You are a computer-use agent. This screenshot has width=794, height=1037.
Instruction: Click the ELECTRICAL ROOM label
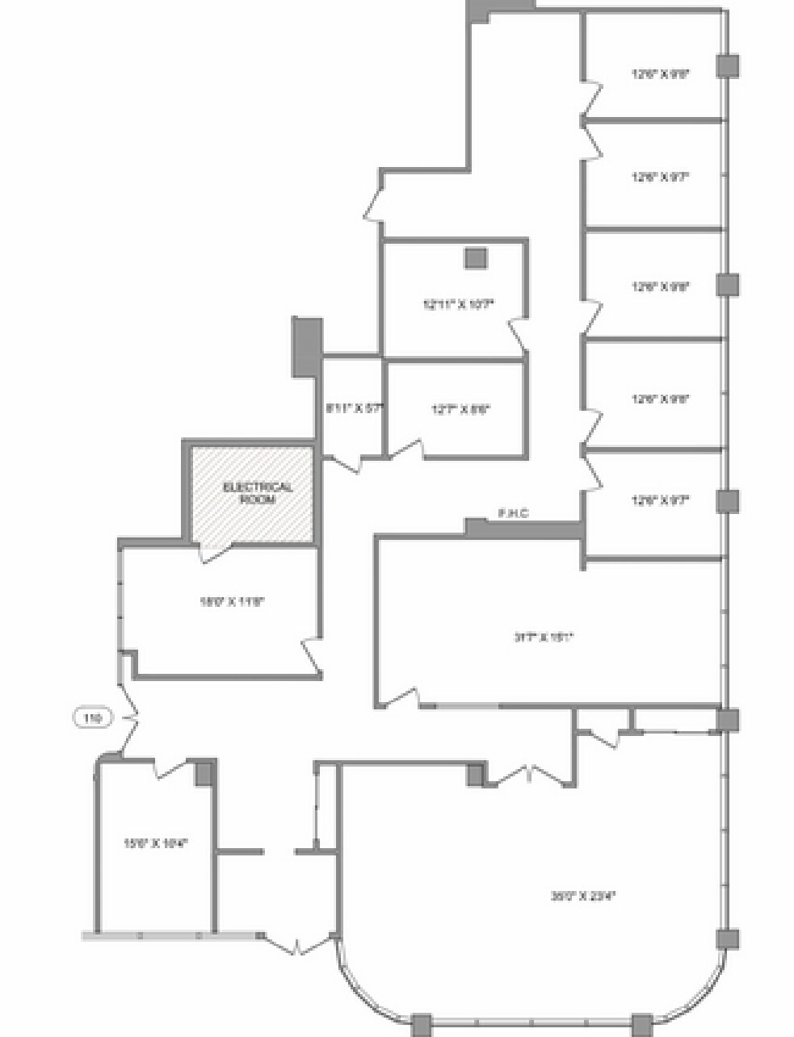coord(257,493)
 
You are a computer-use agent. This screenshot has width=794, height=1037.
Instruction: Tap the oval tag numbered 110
coord(93,717)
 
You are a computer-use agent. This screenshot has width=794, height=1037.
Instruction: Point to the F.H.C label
coord(513,513)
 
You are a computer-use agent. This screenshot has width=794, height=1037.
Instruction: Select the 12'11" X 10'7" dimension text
coord(457,304)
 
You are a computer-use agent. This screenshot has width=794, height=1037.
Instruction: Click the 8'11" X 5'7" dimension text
coord(352,408)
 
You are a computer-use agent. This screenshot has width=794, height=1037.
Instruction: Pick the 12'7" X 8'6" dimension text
coord(460,409)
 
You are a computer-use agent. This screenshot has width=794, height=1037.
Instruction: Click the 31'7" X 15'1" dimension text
coord(544,637)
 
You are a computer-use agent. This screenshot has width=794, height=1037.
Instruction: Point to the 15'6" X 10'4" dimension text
coord(155,843)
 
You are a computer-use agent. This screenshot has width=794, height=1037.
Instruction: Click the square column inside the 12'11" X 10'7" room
coord(475,257)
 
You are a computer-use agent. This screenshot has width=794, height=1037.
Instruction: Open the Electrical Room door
coord(214,553)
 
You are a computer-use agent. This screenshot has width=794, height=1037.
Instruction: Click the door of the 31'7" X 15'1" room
coord(401,698)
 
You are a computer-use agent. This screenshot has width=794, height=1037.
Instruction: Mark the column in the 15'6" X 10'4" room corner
coord(205,772)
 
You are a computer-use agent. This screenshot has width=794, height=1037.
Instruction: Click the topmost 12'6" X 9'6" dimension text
coord(661,73)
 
